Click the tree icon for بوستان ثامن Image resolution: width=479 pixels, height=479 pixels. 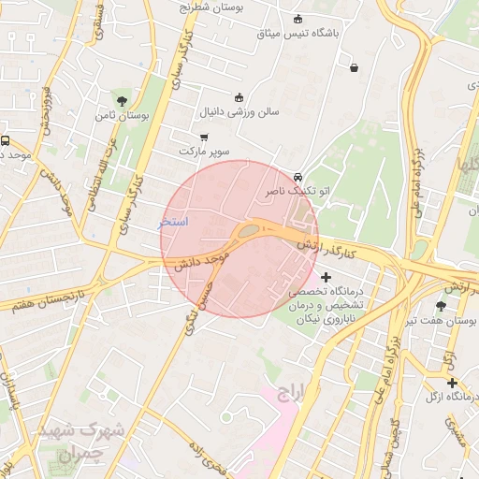pos(121,100)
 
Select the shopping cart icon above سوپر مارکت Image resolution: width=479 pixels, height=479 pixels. pos(204,138)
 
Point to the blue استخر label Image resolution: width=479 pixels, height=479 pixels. pos(173,222)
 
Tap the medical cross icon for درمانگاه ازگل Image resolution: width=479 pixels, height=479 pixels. pos(452,383)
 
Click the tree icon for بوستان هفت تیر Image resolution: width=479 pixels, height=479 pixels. pos(441,306)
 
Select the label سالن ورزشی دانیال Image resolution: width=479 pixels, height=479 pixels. pos(239,111)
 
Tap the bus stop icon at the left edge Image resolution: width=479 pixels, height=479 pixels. pos(5,140)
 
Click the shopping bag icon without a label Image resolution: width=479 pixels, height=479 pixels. pos(354,67)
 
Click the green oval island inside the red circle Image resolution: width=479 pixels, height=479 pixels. pos(249,229)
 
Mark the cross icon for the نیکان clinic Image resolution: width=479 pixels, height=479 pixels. pos(326,277)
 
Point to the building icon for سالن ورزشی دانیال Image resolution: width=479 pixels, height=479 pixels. pos(239,96)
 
